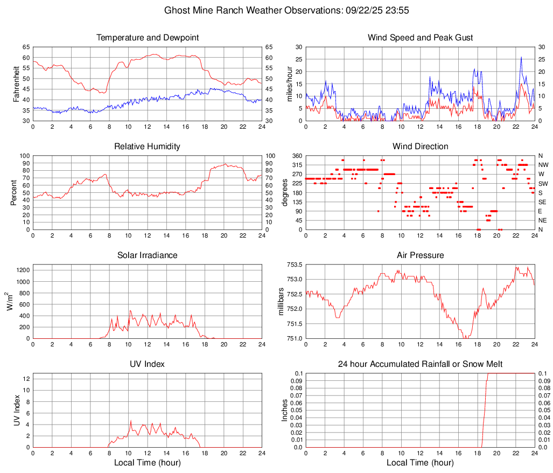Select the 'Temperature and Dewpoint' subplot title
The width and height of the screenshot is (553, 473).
[x=148, y=38]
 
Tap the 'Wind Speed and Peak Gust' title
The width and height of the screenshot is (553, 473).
[x=420, y=38]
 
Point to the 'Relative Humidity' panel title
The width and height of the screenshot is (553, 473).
[x=148, y=147]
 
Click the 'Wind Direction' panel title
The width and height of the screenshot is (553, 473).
[x=420, y=147]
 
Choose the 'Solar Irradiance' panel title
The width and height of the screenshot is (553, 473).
[x=148, y=255]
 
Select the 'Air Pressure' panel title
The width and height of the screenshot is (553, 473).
[x=420, y=255]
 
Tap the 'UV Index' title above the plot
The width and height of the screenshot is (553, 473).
[x=148, y=364]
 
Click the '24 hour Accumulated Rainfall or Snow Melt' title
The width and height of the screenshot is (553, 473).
[x=420, y=364]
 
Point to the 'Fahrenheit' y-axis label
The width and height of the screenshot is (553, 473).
[x=17, y=84]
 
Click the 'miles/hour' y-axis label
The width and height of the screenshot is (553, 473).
[x=289, y=84]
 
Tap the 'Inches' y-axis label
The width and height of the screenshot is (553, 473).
[x=285, y=411]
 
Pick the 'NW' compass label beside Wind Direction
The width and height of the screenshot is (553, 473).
[x=543, y=165]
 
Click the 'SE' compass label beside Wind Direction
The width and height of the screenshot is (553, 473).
[x=542, y=202]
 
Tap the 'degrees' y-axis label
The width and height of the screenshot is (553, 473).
[x=285, y=193]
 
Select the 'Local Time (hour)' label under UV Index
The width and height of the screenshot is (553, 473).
[x=148, y=463]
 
